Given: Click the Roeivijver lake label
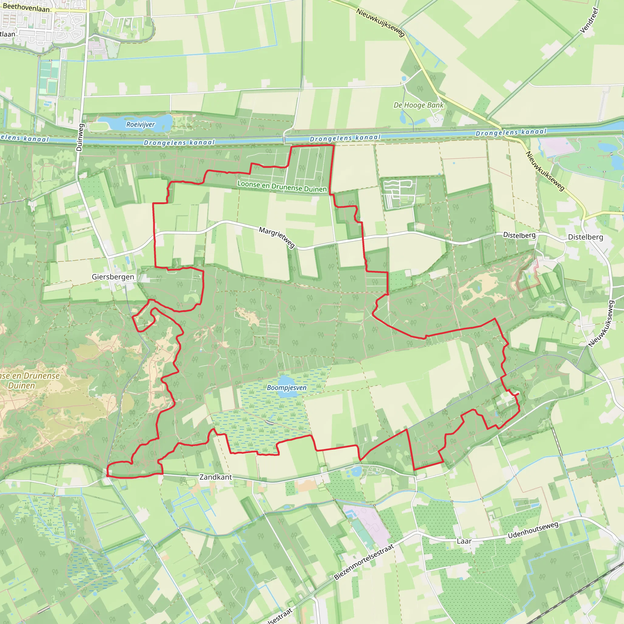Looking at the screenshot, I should click(x=140, y=125).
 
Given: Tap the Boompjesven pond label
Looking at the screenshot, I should click(x=286, y=388).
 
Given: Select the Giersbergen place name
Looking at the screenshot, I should click(x=113, y=277).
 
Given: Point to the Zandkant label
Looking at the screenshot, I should click(x=215, y=477).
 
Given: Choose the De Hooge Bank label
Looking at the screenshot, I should click(x=418, y=105).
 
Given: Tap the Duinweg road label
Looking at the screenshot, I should click(x=80, y=137).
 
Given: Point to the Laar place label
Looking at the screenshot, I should click(x=464, y=541).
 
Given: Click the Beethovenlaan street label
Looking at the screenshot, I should click(x=26, y=7).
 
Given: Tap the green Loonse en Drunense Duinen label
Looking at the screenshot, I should click(x=282, y=186).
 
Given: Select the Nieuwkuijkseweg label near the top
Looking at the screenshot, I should click(x=381, y=22).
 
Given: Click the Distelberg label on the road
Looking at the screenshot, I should click(x=519, y=236).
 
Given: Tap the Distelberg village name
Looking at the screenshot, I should click(x=585, y=237).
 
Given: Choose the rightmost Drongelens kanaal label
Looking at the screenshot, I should click(x=511, y=133).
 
